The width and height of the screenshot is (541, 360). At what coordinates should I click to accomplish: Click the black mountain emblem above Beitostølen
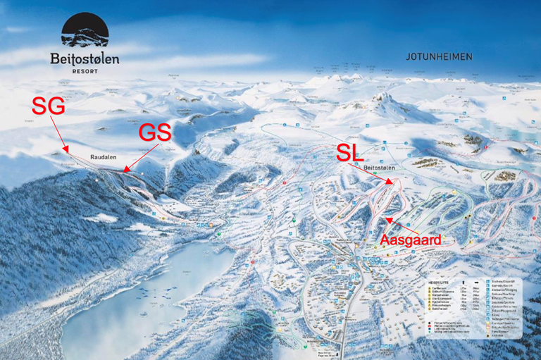pos(85,32)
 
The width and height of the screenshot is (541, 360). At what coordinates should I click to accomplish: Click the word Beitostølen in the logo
pos(85,59)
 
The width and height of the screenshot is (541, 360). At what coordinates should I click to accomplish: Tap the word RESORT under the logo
pos(85,71)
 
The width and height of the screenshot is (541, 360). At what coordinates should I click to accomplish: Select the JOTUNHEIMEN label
pos(439,56)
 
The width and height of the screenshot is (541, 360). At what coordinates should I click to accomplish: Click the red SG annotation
pos(48,106)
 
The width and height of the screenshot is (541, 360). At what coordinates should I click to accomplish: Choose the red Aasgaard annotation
pos(411,240)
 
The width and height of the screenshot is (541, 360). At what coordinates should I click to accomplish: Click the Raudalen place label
pos(102,159)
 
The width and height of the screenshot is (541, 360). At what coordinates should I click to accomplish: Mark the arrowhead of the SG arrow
pos(68,151)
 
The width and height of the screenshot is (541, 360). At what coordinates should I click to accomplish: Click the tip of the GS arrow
pos(124,170)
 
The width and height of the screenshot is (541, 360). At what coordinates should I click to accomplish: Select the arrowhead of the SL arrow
pos(392,183)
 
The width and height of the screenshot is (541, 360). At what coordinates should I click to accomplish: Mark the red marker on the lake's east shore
pos(251,262)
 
